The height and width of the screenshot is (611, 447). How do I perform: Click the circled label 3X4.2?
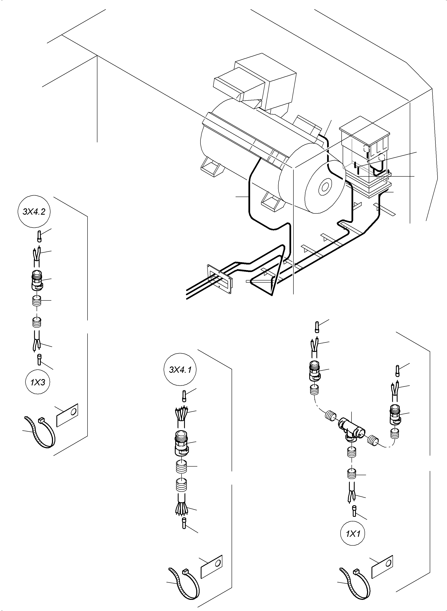pos(34,212)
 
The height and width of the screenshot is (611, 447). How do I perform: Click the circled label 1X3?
pos(38,382)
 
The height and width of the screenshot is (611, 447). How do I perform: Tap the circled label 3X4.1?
pos(180,369)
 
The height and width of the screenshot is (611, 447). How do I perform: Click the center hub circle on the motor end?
pos(324,187)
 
